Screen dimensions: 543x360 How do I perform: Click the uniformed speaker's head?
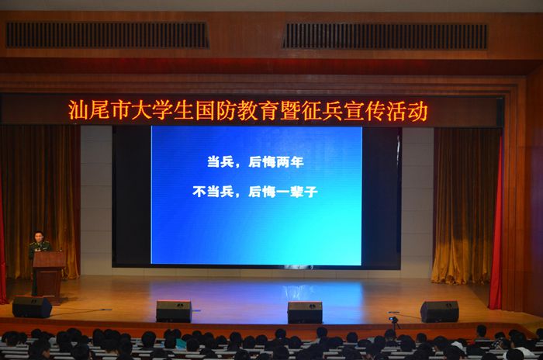pyautogui.click(x=39, y=237)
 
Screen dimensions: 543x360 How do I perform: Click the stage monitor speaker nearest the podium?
pyautogui.click(x=32, y=306)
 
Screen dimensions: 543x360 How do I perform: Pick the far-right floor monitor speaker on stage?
pyautogui.click(x=440, y=311)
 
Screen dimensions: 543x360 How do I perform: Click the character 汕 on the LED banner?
pyautogui.click(x=77, y=110)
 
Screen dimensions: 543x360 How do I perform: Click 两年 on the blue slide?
pyautogui.click(x=290, y=162)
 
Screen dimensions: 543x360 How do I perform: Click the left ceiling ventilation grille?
pyautogui.click(x=107, y=35)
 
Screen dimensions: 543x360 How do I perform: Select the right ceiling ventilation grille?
pyautogui.click(x=385, y=36)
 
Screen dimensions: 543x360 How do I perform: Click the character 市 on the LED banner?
pyautogui.click(x=120, y=110)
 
